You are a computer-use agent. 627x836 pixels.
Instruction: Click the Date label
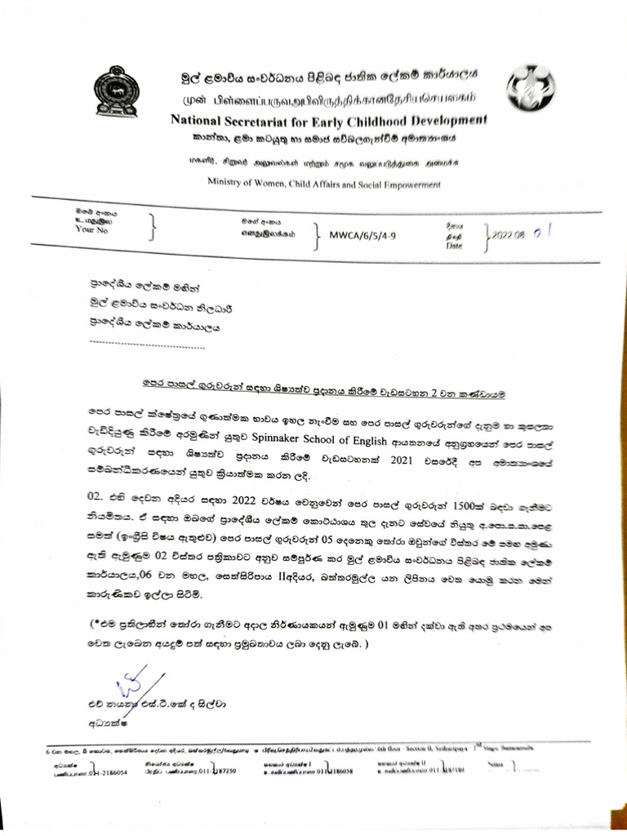click(454, 244)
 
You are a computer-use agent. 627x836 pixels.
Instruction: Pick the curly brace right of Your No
click(153, 229)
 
